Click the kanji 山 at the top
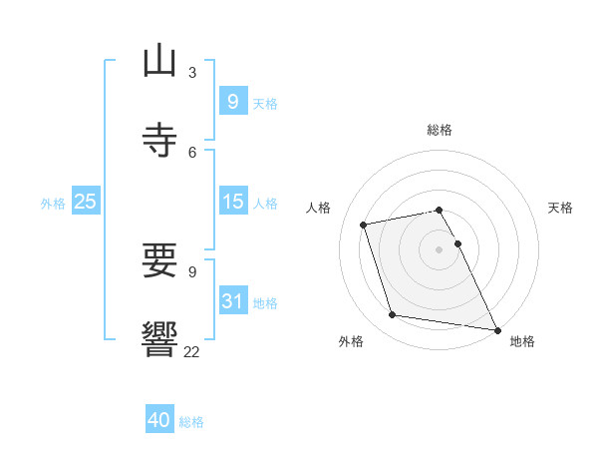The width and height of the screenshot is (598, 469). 159,62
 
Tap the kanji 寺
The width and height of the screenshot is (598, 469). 159,140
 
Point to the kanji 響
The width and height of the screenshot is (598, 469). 159,340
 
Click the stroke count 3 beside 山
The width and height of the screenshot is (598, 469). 192,73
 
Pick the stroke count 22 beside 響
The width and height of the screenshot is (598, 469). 192,351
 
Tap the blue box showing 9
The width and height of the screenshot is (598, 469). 232,101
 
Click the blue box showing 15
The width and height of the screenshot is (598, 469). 232,202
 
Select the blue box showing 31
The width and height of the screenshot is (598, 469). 232,301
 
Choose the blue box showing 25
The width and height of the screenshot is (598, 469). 85,202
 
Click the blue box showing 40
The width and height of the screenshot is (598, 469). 159,421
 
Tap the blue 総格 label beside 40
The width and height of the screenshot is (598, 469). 191,422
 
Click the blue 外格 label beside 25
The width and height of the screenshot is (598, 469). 53,203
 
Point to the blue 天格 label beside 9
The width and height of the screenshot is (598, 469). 265,103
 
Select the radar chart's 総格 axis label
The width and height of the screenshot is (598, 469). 440,130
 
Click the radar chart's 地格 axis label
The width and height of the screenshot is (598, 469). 522,341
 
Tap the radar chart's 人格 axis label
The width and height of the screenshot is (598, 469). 319,208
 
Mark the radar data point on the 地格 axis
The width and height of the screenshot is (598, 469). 495,328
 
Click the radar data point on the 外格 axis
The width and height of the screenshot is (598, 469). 393,315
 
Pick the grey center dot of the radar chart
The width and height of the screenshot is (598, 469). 440,249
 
